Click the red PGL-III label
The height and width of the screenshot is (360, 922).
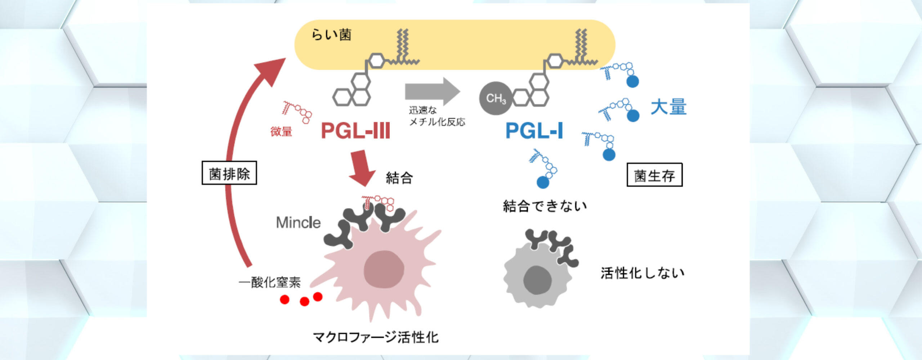[355, 130]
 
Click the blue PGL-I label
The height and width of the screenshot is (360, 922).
[534, 130]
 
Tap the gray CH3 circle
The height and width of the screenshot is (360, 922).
[496, 98]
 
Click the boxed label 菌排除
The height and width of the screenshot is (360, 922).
[229, 173]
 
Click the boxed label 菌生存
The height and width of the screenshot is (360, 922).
[654, 175]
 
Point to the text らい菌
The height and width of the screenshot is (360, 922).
[331, 35]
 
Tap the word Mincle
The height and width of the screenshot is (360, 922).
[298, 222]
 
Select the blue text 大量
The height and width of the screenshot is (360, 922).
[668, 107]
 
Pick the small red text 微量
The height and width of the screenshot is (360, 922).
[281, 131]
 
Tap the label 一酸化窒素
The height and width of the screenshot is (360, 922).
[269, 282]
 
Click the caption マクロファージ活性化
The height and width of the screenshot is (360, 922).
[376, 337]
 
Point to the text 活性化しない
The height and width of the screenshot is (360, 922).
[643, 273]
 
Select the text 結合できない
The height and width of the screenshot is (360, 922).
[545, 206]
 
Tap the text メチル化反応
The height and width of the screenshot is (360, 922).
[437, 122]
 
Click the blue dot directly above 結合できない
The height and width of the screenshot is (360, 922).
[543, 182]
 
